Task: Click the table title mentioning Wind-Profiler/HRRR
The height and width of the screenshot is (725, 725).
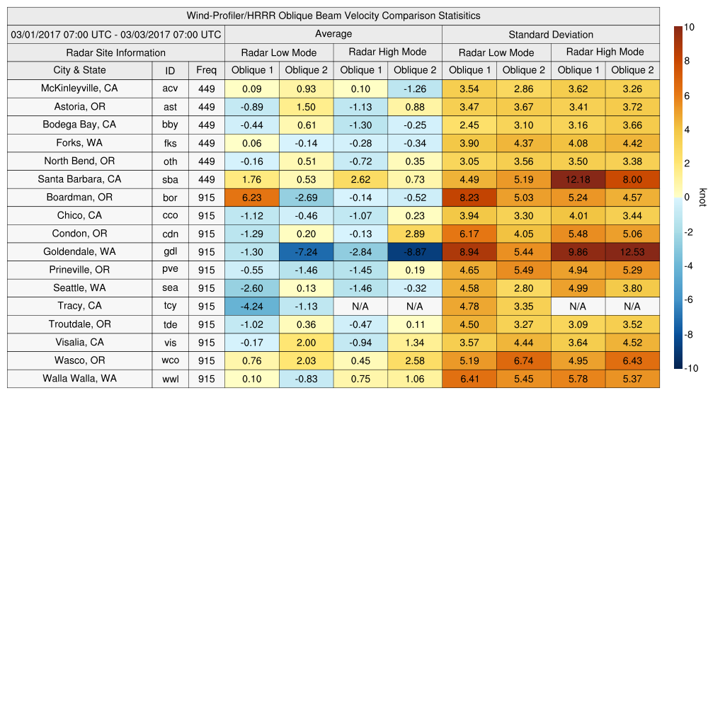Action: click(333, 16)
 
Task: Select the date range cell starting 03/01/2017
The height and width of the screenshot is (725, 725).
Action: click(116, 34)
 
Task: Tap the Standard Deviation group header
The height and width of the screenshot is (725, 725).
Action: click(551, 34)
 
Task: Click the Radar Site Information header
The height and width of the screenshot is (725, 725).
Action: click(116, 52)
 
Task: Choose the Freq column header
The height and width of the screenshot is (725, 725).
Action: click(207, 70)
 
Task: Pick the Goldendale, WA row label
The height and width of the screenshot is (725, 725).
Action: click(79, 251)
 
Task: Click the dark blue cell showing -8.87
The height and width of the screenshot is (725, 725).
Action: click(415, 252)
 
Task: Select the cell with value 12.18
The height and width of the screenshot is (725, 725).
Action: click(578, 179)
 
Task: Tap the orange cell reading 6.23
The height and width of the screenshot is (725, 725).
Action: click(252, 198)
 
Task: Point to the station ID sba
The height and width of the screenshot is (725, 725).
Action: click(170, 179)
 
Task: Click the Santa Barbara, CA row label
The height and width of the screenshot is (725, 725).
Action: click(79, 179)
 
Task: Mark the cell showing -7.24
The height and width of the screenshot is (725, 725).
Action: click(306, 252)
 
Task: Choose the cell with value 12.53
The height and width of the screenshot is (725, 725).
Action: click(632, 252)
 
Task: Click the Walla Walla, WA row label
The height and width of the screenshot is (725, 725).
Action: click(79, 378)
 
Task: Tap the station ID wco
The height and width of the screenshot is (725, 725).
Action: click(170, 360)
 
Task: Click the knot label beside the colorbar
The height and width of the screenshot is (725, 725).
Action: click(702, 197)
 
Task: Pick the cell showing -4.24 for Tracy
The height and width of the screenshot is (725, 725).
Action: click(252, 306)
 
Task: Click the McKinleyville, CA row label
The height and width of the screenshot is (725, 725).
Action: click(79, 89)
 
